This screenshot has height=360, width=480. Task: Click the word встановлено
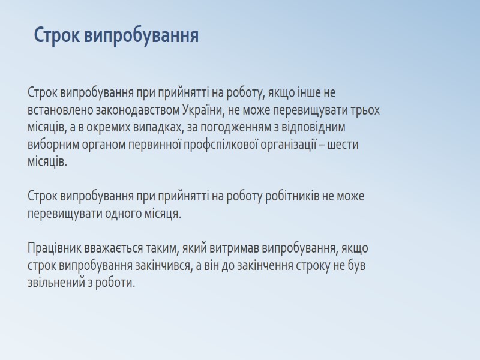click(57, 111)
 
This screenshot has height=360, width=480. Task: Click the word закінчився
click(157, 265)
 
